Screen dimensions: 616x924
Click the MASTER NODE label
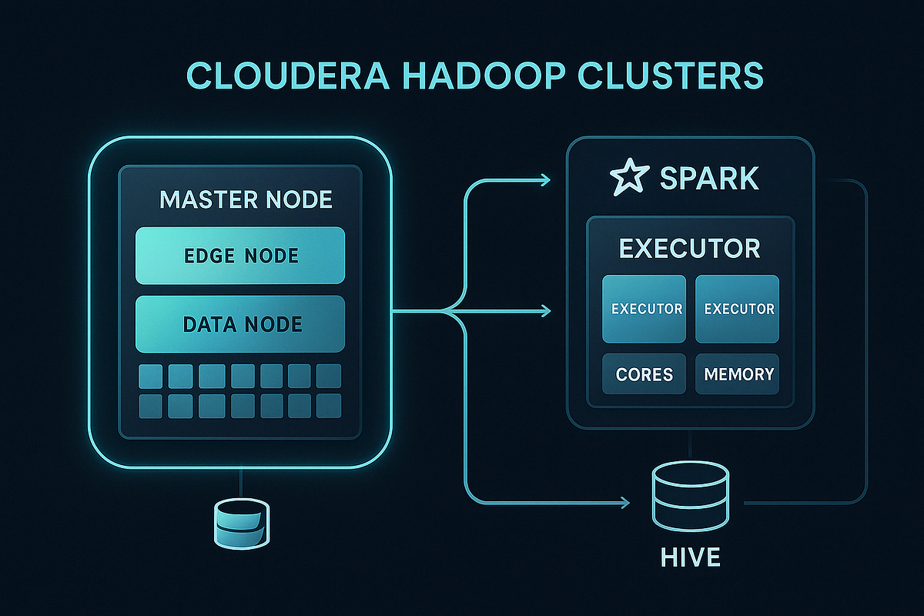click(246, 200)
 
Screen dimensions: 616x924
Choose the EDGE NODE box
click(239, 256)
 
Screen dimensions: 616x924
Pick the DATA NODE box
click(239, 324)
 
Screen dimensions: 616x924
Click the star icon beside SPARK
click(625, 178)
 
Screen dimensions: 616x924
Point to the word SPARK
click(709, 179)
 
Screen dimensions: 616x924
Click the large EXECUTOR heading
click(690, 249)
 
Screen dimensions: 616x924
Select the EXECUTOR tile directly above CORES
click(644, 309)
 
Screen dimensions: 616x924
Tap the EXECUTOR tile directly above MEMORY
click(737, 309)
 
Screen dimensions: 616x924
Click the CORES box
click(644, 375)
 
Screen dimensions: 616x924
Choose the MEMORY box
click(737, 375)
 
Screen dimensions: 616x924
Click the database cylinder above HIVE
click(690, 497)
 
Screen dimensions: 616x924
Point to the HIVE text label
click(690, 557)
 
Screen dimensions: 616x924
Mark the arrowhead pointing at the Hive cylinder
click(624, 504)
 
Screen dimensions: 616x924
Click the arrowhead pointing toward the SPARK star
click(546, 180)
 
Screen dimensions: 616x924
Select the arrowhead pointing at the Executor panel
click(546, 311)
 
